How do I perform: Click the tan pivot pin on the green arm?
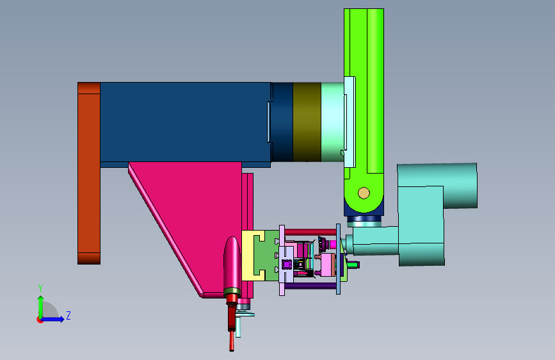click(x=364, y=193)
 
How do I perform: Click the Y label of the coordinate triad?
click(x=40, y=288)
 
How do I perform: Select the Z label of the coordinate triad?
click(x=68, y=315)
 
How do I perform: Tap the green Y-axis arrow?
click(x=41, y=307)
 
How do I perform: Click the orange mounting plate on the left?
click(x=89, y=173)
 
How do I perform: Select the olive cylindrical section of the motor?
click(x=307, y=122)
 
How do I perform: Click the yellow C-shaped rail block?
click(x=253, y=255)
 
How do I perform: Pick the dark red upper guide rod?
click(x=310, y=232)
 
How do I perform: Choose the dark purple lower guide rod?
click(x=310, y=286)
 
